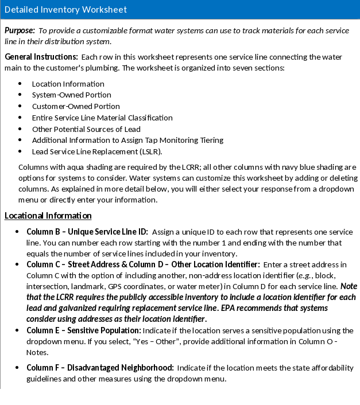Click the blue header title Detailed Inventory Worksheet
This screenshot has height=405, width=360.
pyautogui.click(x=65, y=10)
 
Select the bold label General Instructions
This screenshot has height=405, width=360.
pyautogui.click(x=41, y=57)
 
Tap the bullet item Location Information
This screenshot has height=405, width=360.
pyautogui.click(x=68, y=84)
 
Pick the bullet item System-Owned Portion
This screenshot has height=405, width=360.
pyautogui.click(x=72, y=95)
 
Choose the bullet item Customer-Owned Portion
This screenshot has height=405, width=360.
pyautogui.click(x=76, y=106)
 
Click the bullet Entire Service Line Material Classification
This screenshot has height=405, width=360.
pyautogui.click(x=102, y=118)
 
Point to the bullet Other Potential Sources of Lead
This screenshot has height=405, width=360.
pyautogui.click(x=86, y=129)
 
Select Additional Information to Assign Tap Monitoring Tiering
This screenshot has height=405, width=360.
pyautogui.click(x=127, y=140)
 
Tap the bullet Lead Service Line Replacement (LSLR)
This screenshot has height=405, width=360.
pyautogui.click(x=97, y=151)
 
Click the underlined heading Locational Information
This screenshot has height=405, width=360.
pyautogui.click(x=48, y=216)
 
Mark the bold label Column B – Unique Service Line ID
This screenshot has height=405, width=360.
pyautogui.click(x=87, y=232)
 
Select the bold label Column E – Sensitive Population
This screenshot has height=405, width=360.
pyautogui.click(x=84, y=330)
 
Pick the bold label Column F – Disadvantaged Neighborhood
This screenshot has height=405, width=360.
pyautogui.click(x=100, y=368)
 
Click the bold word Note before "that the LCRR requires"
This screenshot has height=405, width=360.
pyautogui.click(x=348, y=286)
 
